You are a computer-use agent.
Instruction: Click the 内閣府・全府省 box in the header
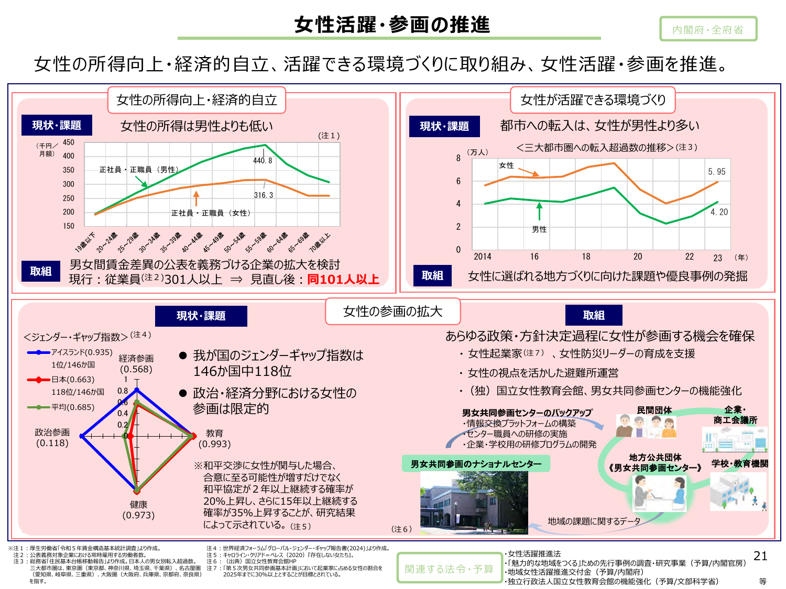[708, 29]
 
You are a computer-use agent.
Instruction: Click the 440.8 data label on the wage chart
[263, 161]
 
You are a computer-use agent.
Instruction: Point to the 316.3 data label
[264, 195]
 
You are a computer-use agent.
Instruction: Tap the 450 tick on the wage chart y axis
[69, 142]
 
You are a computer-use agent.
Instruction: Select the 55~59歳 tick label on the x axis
[256, 242]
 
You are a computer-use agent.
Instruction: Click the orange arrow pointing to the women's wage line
[196, 198]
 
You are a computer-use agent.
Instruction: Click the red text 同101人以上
[343, 280]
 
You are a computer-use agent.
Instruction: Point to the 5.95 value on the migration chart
[717, 172]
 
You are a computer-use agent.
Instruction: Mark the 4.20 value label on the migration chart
[719, 212]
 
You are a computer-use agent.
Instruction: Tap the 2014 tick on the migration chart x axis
[482, 257]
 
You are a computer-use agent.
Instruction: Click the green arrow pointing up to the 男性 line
[539, 212]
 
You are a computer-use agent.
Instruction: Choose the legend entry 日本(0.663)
[61, 380]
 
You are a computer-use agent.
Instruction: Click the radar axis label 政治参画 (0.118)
[52, 438]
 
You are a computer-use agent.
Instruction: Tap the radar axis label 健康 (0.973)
[138, 509]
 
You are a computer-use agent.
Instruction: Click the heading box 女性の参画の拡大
[392, 312]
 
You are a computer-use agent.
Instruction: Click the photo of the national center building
[474, 502]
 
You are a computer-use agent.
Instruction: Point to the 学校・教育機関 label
[739, 463]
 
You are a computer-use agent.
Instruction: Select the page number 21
[760, 556]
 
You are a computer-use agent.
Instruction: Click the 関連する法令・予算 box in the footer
[449, 569]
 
